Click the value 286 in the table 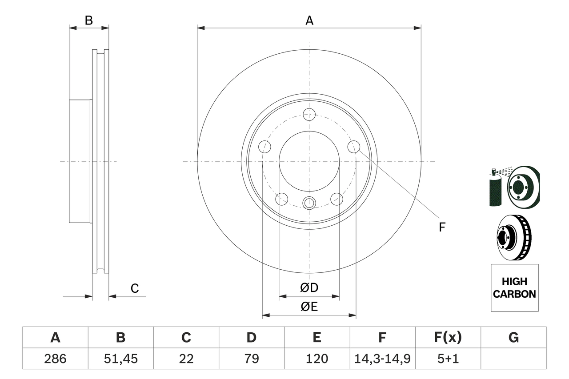click(55, 359)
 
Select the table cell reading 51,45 click(120, 359)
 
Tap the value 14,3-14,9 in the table click(382, 359)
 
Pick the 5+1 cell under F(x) click(448, 359)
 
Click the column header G click(513, 338)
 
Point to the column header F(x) click(448, 338)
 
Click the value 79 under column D click(251, 359)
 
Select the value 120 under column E click(317, 359)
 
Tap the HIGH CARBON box click(514, 287)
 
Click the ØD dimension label click(309, 288)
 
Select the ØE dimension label click(309, 307)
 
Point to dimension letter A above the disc click(309, 20)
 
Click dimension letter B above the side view click(89, 20)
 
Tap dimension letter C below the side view click(135, 288)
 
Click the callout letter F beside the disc click(441, 227)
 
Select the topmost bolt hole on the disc click(309, 114)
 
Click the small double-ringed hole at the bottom click(309, 203)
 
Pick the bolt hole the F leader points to click(353, 147)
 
